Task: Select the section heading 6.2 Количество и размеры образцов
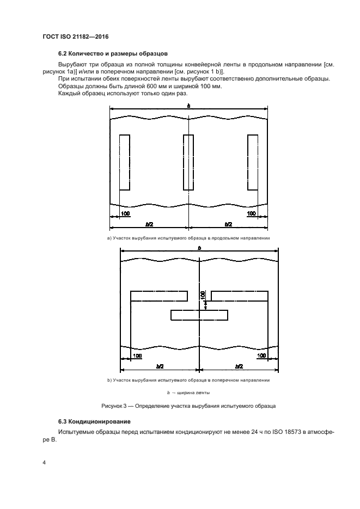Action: [x=113, y=53]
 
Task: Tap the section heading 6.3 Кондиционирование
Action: [x=94, y=421]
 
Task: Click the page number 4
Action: [x=44, y=463]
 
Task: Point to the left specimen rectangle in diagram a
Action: [x=124, y=162]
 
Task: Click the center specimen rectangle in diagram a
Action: [x=188, y=162]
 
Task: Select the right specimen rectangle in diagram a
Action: [x=252, y=162]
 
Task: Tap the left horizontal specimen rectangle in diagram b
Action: [x=159, y=296]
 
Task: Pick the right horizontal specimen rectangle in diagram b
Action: [x=240, y=296]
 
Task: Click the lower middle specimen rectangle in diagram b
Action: [x=199, y=315]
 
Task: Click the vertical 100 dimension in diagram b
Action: [x=203, y=296]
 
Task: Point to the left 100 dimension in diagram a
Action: [x=125, y=214]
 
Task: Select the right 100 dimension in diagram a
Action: [x=251, y=214]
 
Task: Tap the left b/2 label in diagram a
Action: [x=149, y=224]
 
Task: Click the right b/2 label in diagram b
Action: [x=238, y=366]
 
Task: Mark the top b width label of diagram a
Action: [x=188, y=105]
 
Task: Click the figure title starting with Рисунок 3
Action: [x=188, y=406]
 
